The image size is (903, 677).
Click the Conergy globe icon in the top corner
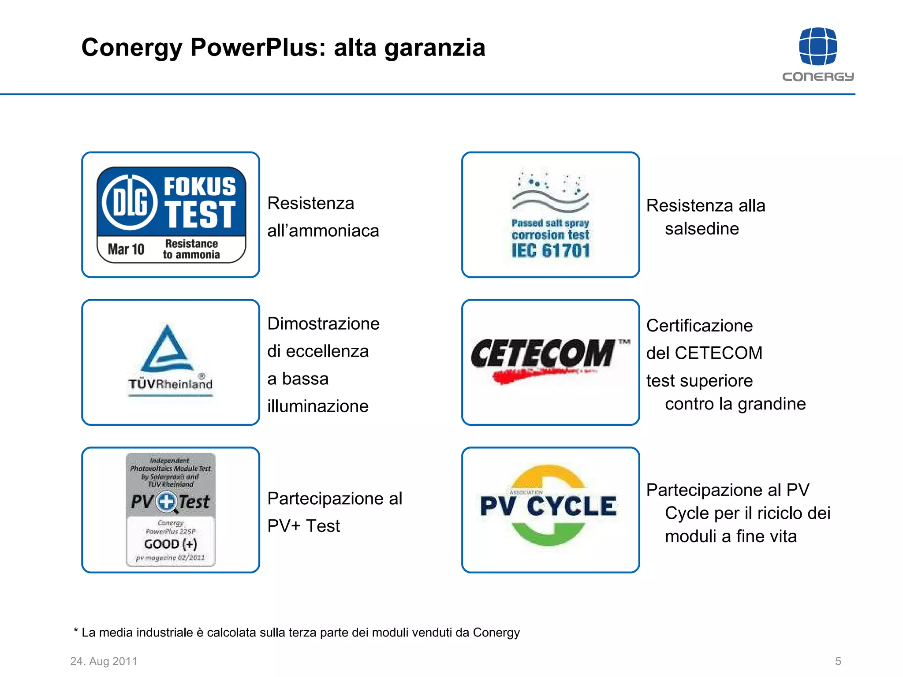818,46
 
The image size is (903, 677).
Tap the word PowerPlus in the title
258,48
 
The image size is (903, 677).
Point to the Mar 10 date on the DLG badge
126,249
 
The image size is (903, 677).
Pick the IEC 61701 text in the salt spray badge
551,251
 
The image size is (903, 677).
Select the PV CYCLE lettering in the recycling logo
549,506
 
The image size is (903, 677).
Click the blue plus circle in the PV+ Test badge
167,502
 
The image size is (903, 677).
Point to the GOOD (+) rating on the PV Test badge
171,544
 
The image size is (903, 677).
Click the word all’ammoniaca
323,231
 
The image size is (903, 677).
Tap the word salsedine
702,229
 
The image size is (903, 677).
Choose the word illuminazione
318,406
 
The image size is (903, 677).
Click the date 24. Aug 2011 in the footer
104,661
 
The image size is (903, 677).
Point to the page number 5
838,661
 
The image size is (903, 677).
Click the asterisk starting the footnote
76,631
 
